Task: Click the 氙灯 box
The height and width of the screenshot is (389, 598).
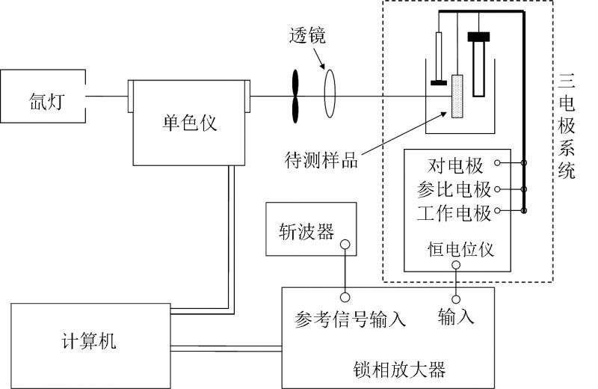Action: pyautogui.click(x=43, y=97)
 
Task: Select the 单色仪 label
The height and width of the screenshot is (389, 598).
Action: pyautogui.click(x=189, y=122)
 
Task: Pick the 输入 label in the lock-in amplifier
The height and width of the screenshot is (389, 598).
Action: pyautogui.click(x=456, y=316)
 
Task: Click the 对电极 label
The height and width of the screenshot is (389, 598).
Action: pyautogui.click(x=456, y=165)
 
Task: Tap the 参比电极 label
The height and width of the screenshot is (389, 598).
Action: pyautogui.click(x=454, y=189)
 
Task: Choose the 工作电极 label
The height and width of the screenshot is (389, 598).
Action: pyautogui.click(x=454, y=213)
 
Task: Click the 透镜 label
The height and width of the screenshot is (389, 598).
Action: pyautogui.click(x=306, y=35)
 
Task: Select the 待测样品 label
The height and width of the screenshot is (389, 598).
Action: pyautogui.click(x=322, y=159)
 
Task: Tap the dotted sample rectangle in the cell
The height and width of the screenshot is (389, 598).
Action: pyautogui.click(x=457, y=97)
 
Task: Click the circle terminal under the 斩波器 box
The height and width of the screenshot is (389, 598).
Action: pyautogui.click(x=345, y=244)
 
